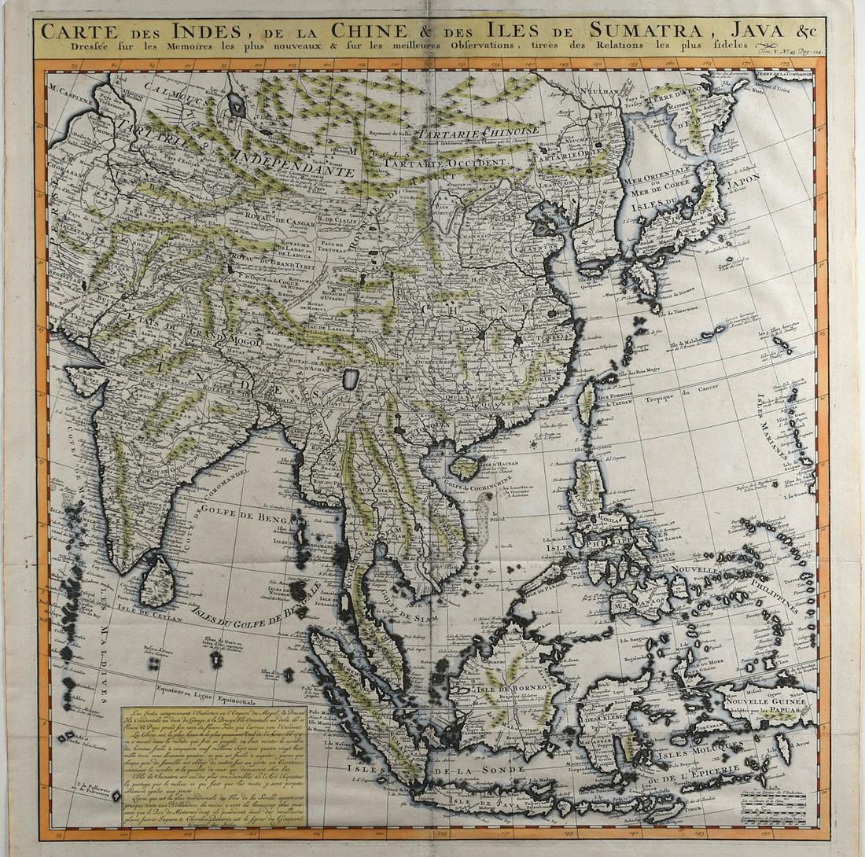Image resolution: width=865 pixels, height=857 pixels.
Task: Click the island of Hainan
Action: [x=465, y=466]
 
